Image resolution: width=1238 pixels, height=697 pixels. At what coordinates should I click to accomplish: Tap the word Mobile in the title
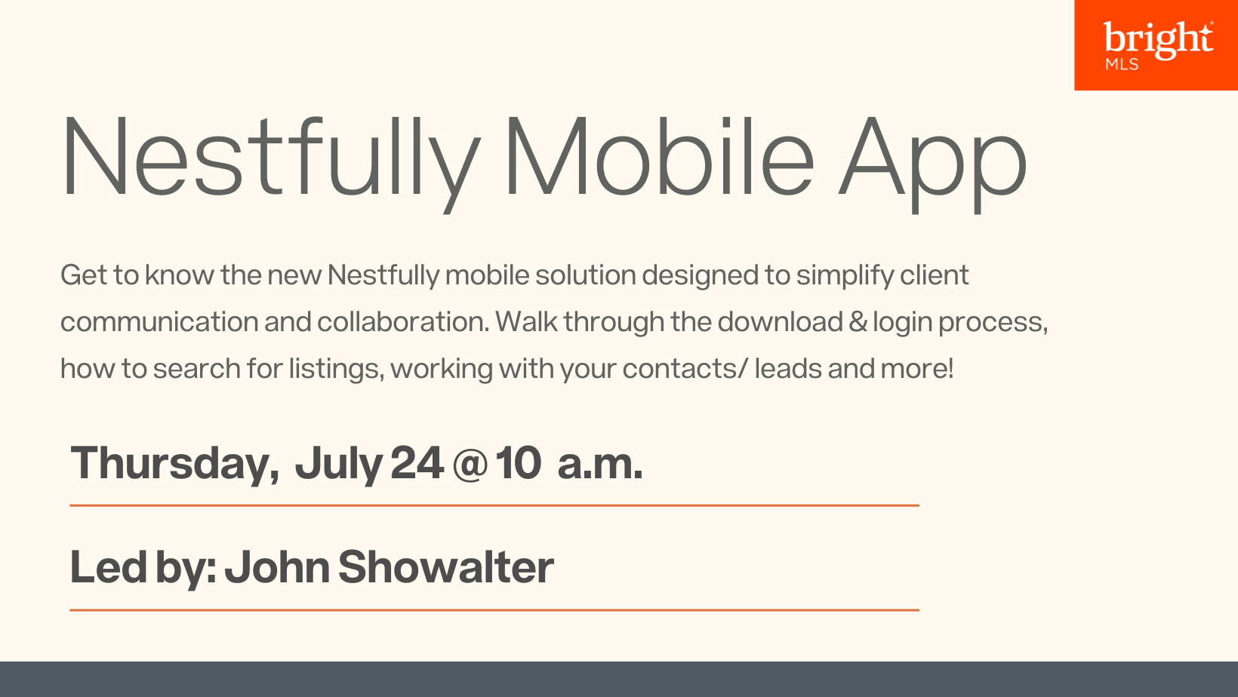click(x=660, y=156)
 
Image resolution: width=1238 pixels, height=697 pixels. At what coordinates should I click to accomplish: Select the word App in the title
click(x=932, y=164)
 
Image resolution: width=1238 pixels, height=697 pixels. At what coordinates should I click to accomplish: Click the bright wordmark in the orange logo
click(x=1159, y=38)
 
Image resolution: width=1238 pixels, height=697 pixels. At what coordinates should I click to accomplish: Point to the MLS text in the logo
click(x=1122, y=64)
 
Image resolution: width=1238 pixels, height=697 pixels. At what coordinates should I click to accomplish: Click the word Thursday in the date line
click(x=174, y=465)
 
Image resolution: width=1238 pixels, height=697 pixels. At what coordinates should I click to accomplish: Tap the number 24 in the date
click(x=417, y=463)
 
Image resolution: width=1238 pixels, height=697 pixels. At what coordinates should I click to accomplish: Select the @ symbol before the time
click(x=470, y=465)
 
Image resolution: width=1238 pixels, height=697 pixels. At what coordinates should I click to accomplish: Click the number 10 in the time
click(x=518, y=463)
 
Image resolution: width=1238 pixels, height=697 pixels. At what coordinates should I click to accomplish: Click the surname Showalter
click(x=446, y=567)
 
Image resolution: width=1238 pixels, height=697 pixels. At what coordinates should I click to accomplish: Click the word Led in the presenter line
click(x=109, y=567)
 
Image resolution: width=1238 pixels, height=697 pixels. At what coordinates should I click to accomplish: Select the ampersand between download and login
click(x=858, y=322)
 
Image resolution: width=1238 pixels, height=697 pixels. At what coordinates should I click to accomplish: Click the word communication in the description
click(x=159, y=322)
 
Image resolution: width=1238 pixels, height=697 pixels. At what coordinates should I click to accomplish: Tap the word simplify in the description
click(x=845, y=276)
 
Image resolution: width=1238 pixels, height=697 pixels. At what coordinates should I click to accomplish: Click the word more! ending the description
click(x=917, y=368)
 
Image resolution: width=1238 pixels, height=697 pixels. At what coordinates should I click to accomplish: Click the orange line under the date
click(x=494, y=505)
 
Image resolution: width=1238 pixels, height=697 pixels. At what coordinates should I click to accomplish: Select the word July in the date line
click(x=339, y=465)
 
